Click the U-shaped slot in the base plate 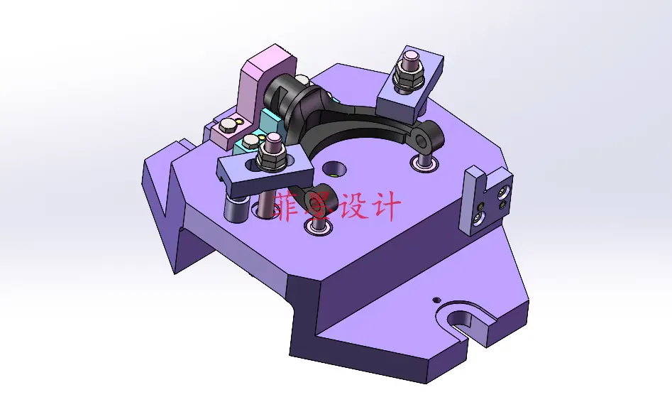point(463,319)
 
